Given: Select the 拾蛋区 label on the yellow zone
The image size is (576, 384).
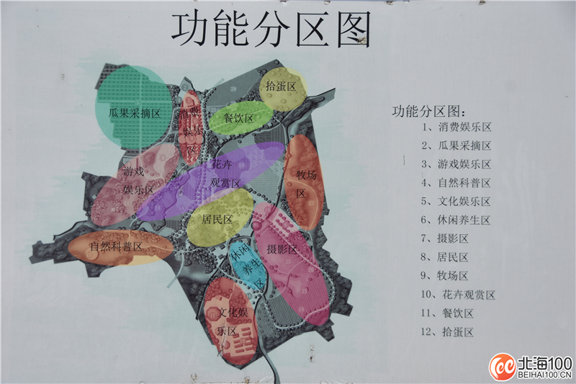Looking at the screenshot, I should [281, 86].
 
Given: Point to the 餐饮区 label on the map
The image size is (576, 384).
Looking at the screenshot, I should [238, 118].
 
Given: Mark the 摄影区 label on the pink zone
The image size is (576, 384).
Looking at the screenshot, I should [282, 249].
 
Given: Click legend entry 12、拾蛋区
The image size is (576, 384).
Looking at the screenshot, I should [447, 332].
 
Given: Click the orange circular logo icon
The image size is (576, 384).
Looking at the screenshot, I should [503, 367].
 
